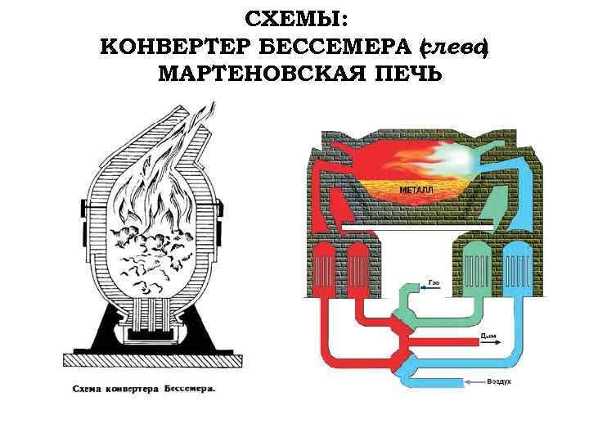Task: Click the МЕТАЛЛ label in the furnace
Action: click(417, 190)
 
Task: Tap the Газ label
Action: click(433, 282)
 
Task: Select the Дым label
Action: click(488, 335)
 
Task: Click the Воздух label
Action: click(500, 381)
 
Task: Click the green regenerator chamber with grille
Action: click(475, 265)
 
